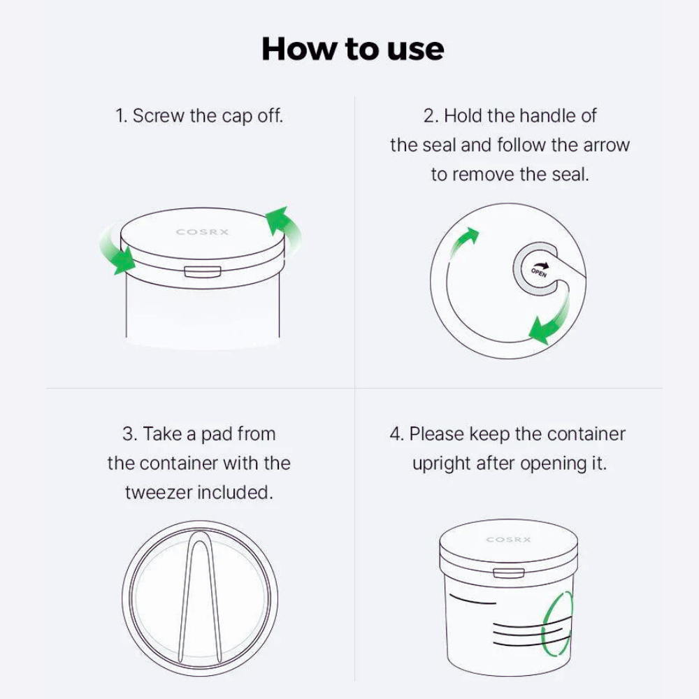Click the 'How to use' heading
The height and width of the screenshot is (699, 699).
pos(352,49)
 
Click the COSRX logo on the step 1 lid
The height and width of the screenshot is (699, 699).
pos(203,232)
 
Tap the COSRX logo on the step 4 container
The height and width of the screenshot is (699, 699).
pos(508,540)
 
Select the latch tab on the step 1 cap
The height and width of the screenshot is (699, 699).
pos(203,272)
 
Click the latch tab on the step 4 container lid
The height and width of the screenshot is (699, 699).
pos(509,573)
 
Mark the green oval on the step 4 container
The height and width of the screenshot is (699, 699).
pos(557,624)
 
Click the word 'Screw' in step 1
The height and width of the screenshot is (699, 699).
pos(158,116)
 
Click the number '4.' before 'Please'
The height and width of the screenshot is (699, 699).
pos(396,434)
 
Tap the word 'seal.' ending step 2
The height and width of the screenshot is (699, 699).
pos(570,174)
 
